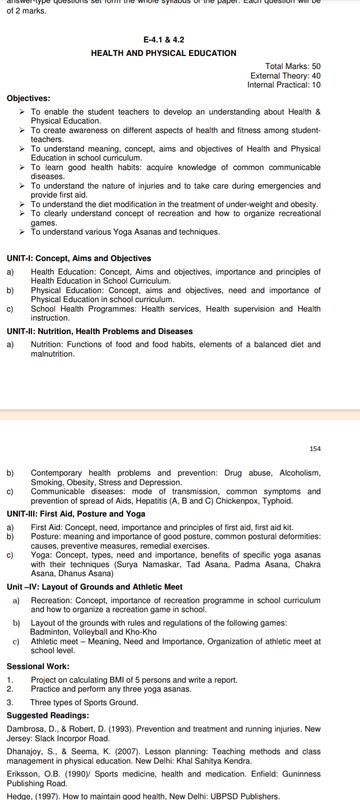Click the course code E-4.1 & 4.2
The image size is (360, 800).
click(x=163, y=39)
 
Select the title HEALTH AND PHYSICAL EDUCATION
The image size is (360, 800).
click(x=163, y=53)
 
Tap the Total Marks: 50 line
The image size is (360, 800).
click(x=292, y=66)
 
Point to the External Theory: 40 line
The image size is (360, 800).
click(x=285, y=75)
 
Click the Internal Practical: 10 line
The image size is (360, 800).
click(x=283, y=84)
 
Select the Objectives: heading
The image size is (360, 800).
click(x=28, y=98)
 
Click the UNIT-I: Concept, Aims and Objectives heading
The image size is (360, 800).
click(x=78, y=258)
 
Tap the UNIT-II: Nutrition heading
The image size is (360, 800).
click(x=99, y=331)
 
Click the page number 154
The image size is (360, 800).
click(x=315, y=448)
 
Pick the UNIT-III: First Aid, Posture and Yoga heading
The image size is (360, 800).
click(x=76, y=513)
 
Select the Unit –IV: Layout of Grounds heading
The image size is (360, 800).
click(x=94, y=586)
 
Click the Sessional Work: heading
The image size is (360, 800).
click(x=38, y=666)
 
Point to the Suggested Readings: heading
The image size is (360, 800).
click(x=48, y=715)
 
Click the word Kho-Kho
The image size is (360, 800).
click(x=143, y=632)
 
